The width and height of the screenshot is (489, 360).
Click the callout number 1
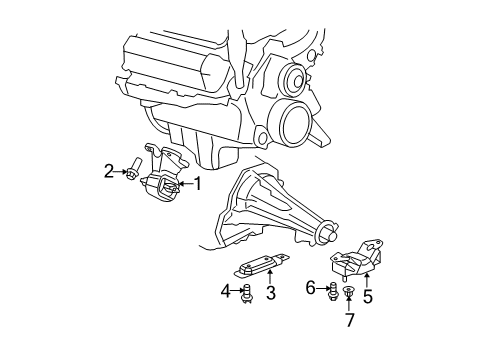[197, 183]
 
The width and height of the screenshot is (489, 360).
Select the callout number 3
[270, 295]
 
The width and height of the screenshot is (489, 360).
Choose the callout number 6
[311, 288]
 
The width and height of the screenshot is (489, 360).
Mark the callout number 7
[349, 319]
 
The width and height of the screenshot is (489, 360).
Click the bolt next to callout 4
[246, 292]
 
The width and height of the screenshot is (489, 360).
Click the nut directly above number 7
[349, 292]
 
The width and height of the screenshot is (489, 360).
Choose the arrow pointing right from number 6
[321, 288]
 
